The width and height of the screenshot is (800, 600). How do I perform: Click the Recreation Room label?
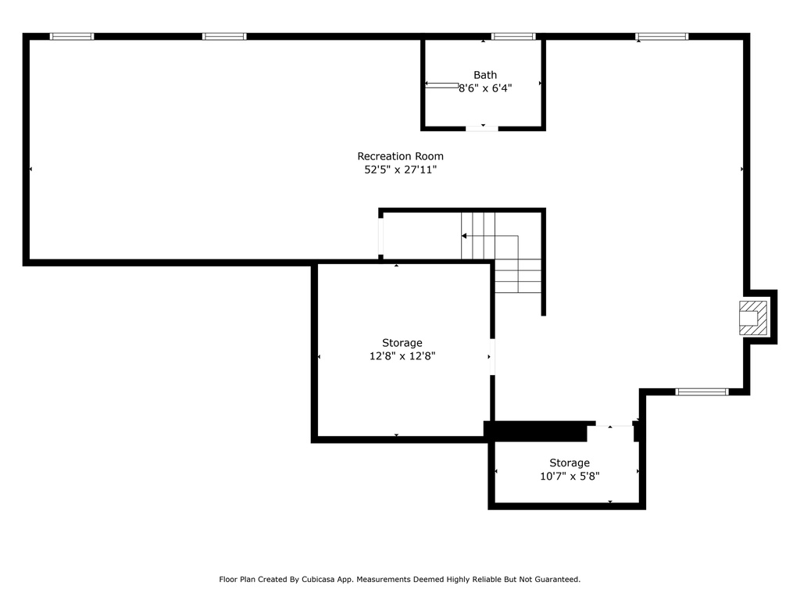pyautogui.click(x=401, y=156)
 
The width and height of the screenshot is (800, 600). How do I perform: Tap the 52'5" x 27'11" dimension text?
pyautogui.click(x=401, y=170)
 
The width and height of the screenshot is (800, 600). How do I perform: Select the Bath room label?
pyautogui.click(x=485, y=75)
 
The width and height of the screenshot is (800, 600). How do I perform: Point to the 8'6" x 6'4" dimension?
pyautogui.click(x=485, y=88)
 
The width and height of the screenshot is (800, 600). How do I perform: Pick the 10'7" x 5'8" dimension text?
pyautogui.click(x=570, y=476)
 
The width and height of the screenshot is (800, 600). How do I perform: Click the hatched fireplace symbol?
pyautogui.click(x=753, y=318)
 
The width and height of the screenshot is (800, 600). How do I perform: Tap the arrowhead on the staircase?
pyautogui.click(x=464, y=236)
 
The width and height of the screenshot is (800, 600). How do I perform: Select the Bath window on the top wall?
pyautogui.click(x=513, y=36)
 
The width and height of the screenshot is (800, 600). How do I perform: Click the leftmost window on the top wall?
pyautogui.click(x=72, y=36)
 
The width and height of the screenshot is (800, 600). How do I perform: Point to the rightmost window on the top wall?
pyautogui.click(x=662, y=36)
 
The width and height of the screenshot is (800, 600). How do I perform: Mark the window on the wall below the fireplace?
pyautogui.click(x=702, y=392)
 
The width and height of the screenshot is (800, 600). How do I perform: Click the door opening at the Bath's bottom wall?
pyautogui.click(x=482, y=128)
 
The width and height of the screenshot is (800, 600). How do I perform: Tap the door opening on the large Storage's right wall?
pyautogui.click(x=492, y=356)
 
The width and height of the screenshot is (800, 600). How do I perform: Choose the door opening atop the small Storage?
pyautogui.click(x=614, y=424)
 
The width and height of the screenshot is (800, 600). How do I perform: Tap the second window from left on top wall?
pyautogui.click(x=224, y=36)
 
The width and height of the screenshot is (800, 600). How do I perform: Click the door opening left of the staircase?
pyautogui.click(x=380, y=236)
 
